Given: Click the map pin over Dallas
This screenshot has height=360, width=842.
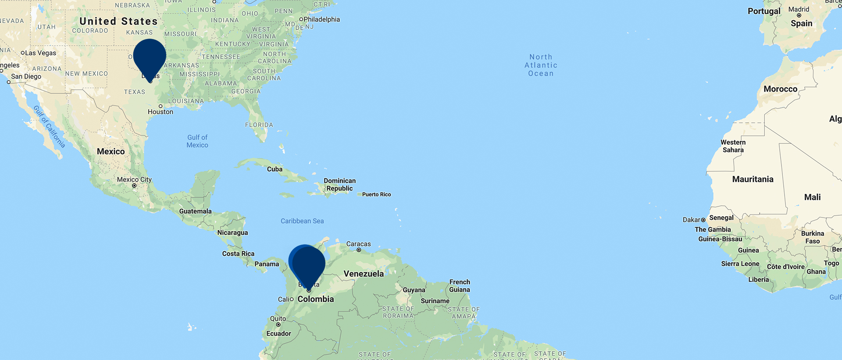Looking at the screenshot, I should [x=150, y=57].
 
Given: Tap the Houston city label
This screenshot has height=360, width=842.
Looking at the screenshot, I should [x=161, y=112].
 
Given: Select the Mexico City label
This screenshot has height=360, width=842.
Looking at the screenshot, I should [x=134, y=179].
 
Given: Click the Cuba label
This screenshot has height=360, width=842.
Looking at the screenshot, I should [x=275, y=169].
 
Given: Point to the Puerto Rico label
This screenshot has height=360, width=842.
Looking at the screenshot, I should [x=376, y=194].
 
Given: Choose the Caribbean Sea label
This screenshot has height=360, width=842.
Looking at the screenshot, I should [x=302, y=221].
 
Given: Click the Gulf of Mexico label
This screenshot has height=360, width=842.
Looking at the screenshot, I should [x=197, y=141].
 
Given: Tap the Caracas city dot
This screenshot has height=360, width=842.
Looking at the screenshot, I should [x=359, y=250].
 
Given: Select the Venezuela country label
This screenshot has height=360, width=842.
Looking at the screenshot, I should [x=364, y=274].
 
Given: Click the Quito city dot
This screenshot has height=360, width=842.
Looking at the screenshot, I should [x=278, y=325].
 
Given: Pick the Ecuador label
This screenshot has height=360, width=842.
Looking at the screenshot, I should [x=278, y=334].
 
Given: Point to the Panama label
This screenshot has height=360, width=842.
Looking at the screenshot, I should [x=267, y=264].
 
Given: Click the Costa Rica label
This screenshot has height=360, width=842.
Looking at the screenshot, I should [x=238, y=253].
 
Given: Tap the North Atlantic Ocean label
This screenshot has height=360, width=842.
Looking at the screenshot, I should [x=541, y=65].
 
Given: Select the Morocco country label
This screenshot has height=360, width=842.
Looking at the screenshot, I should [x=780, y=89].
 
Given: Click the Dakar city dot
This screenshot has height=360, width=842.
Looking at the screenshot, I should [x=703, y=220].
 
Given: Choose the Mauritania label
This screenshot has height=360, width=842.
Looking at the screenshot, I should [x=753, y=179].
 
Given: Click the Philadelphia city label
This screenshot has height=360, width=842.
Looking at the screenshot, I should [x=322, y=19].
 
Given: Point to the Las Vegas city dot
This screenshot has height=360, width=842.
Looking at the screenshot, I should [x=23, y=53].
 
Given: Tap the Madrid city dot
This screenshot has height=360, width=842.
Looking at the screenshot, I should [x=799, y=15].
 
